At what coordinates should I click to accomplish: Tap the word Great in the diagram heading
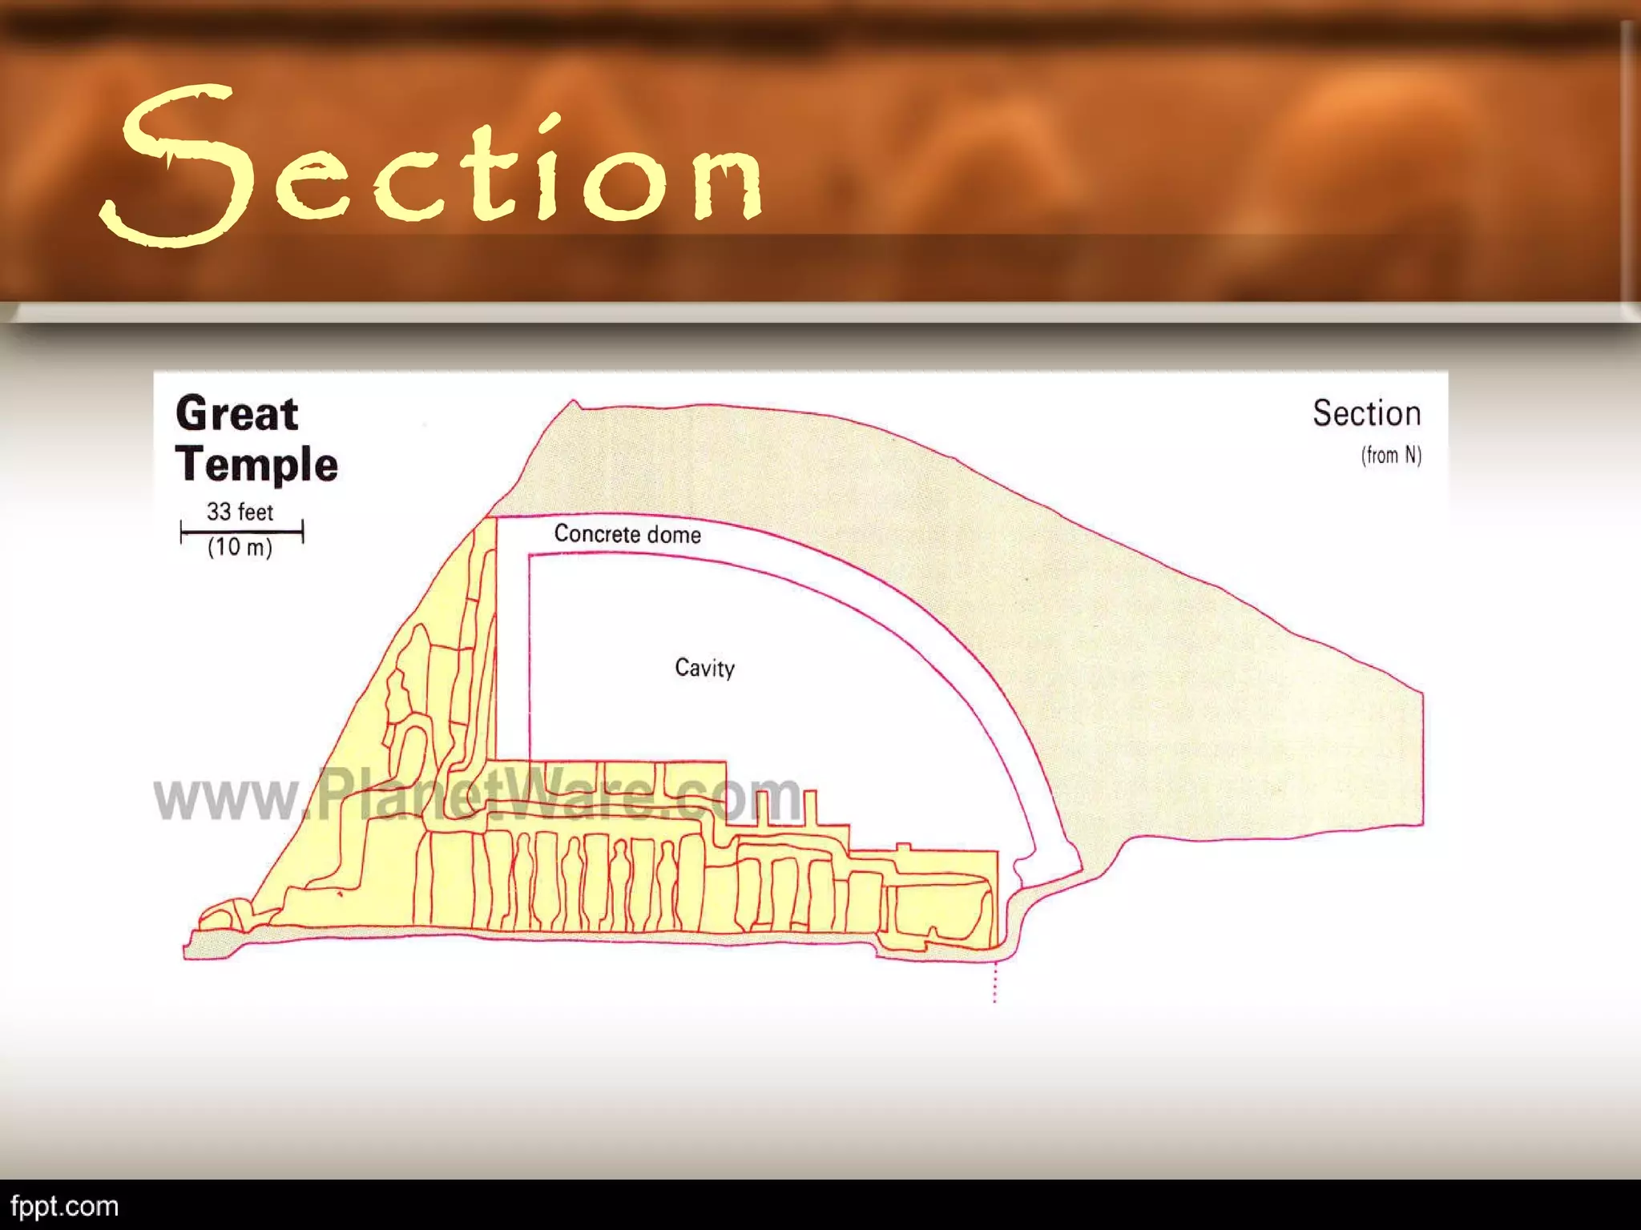coord(237,414)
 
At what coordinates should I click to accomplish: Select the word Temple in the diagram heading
coord(257,464)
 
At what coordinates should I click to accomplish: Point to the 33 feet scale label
coord(240,512)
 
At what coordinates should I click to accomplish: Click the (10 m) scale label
coord(240,548)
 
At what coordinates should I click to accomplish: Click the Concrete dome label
coord(627,534)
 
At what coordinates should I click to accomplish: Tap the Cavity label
coord(704,668)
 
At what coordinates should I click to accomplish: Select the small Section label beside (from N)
coord(1366,414)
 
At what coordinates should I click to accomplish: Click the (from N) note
coord(1391,456)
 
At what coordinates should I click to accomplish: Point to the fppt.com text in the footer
coord(64,1206)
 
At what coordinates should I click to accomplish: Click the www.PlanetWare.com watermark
coord(478,797)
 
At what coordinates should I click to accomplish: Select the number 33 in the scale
coord(219,512)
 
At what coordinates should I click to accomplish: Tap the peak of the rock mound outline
coord(574,401)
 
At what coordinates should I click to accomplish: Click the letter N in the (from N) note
coord(1410,456)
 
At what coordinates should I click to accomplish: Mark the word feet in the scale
coord(256,512)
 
